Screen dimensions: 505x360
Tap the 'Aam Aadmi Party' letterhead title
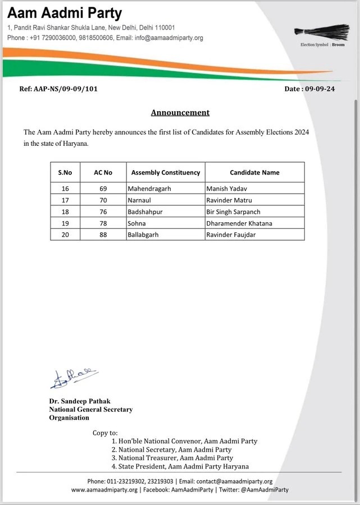pyautogui.click(x=65, y=13)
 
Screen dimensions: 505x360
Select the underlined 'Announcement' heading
pyautogui.click(x=180, y=112)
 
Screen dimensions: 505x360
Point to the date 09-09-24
pyautogui.click(x=318, y=89)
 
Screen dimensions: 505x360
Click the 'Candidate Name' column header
pyautogui.click(x=254, y=172)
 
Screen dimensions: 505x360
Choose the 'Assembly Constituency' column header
pyautogui.click(x=166, y=172)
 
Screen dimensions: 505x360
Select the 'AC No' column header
pyautogui.click(x=103, y=172)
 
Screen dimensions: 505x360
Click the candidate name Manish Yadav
pyautogui.click(x=226, y=189)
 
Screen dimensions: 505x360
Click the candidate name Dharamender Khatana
pyautogui.click(x=239, y=223)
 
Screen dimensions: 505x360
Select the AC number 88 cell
pyautogui.click(x=103, y=235)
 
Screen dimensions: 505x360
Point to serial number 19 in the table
pyautogui.click(x=65, y=223)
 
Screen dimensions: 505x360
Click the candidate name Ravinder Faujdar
pyautogui.click(x=231, y=235)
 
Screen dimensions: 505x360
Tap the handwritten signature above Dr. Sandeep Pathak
pyautogui.click(x=74, y=379)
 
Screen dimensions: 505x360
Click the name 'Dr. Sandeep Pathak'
pyautogui.click(x=79, y=401)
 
